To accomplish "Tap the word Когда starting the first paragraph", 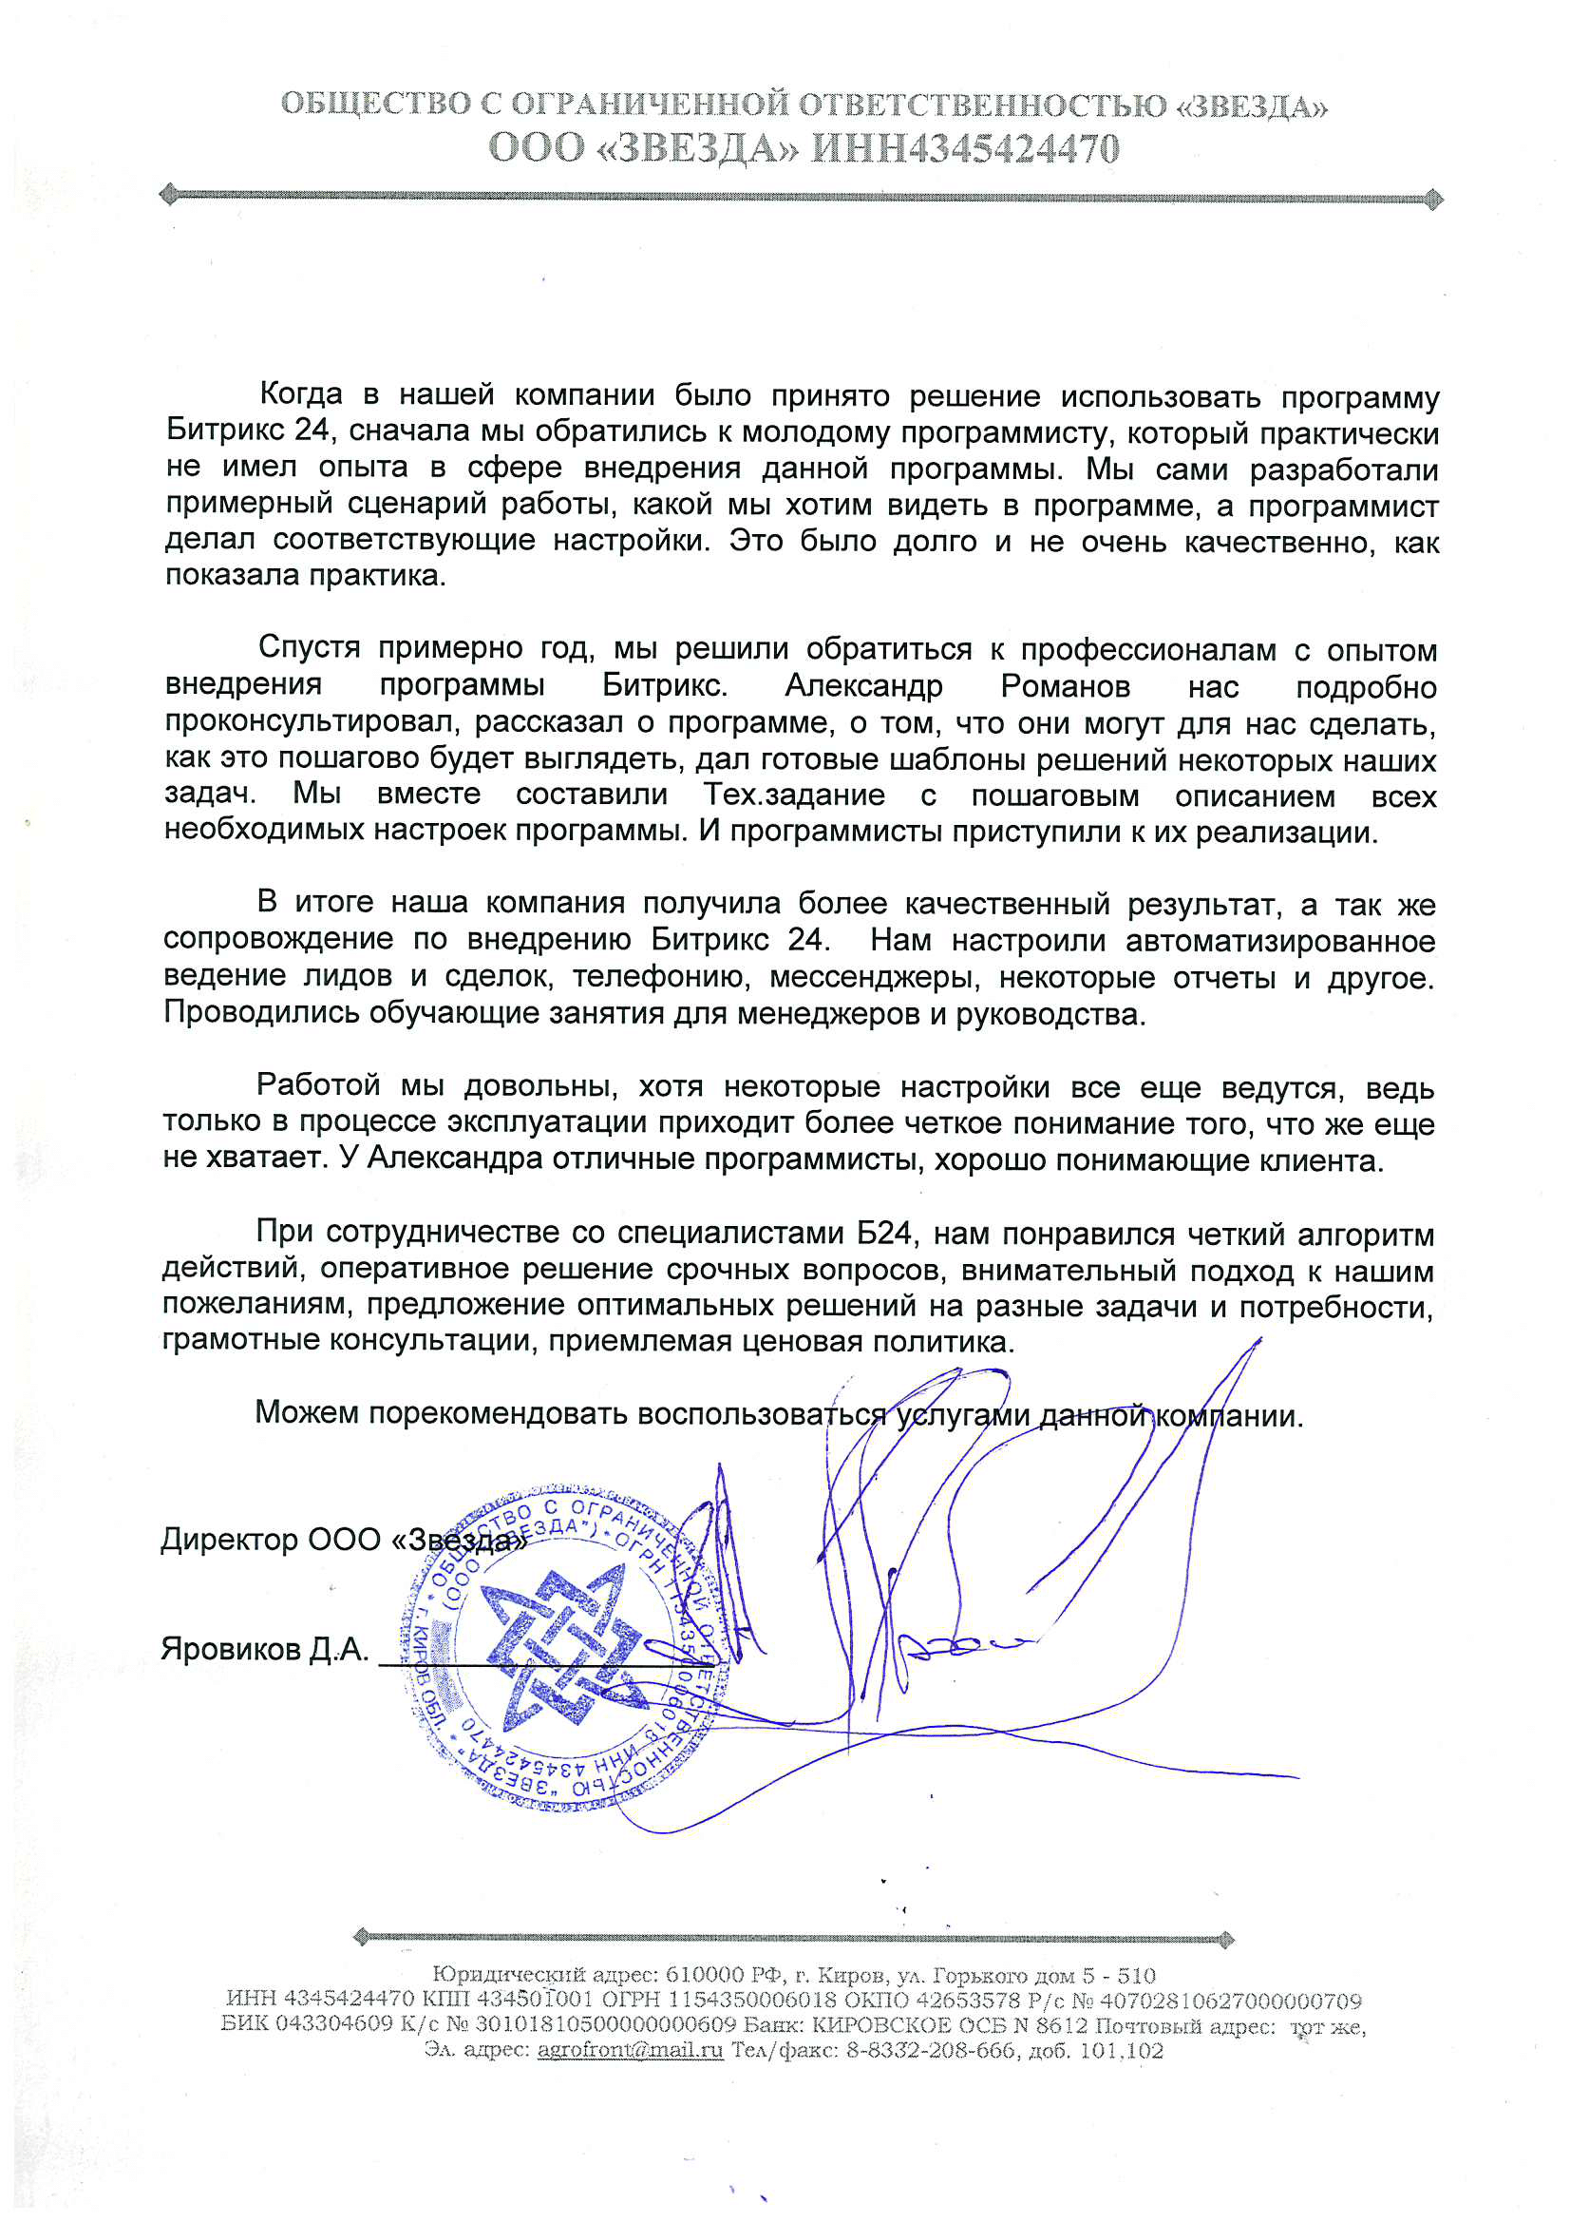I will tap(301, 393).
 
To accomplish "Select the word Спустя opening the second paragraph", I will tap(309, 646).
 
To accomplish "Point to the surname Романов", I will tap(1065, 686).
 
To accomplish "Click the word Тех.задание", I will tap(794, 795).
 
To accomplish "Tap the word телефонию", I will tap(661, 977).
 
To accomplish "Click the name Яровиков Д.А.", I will tap(264, 1648).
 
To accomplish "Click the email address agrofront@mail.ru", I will tap(630, 2050).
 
